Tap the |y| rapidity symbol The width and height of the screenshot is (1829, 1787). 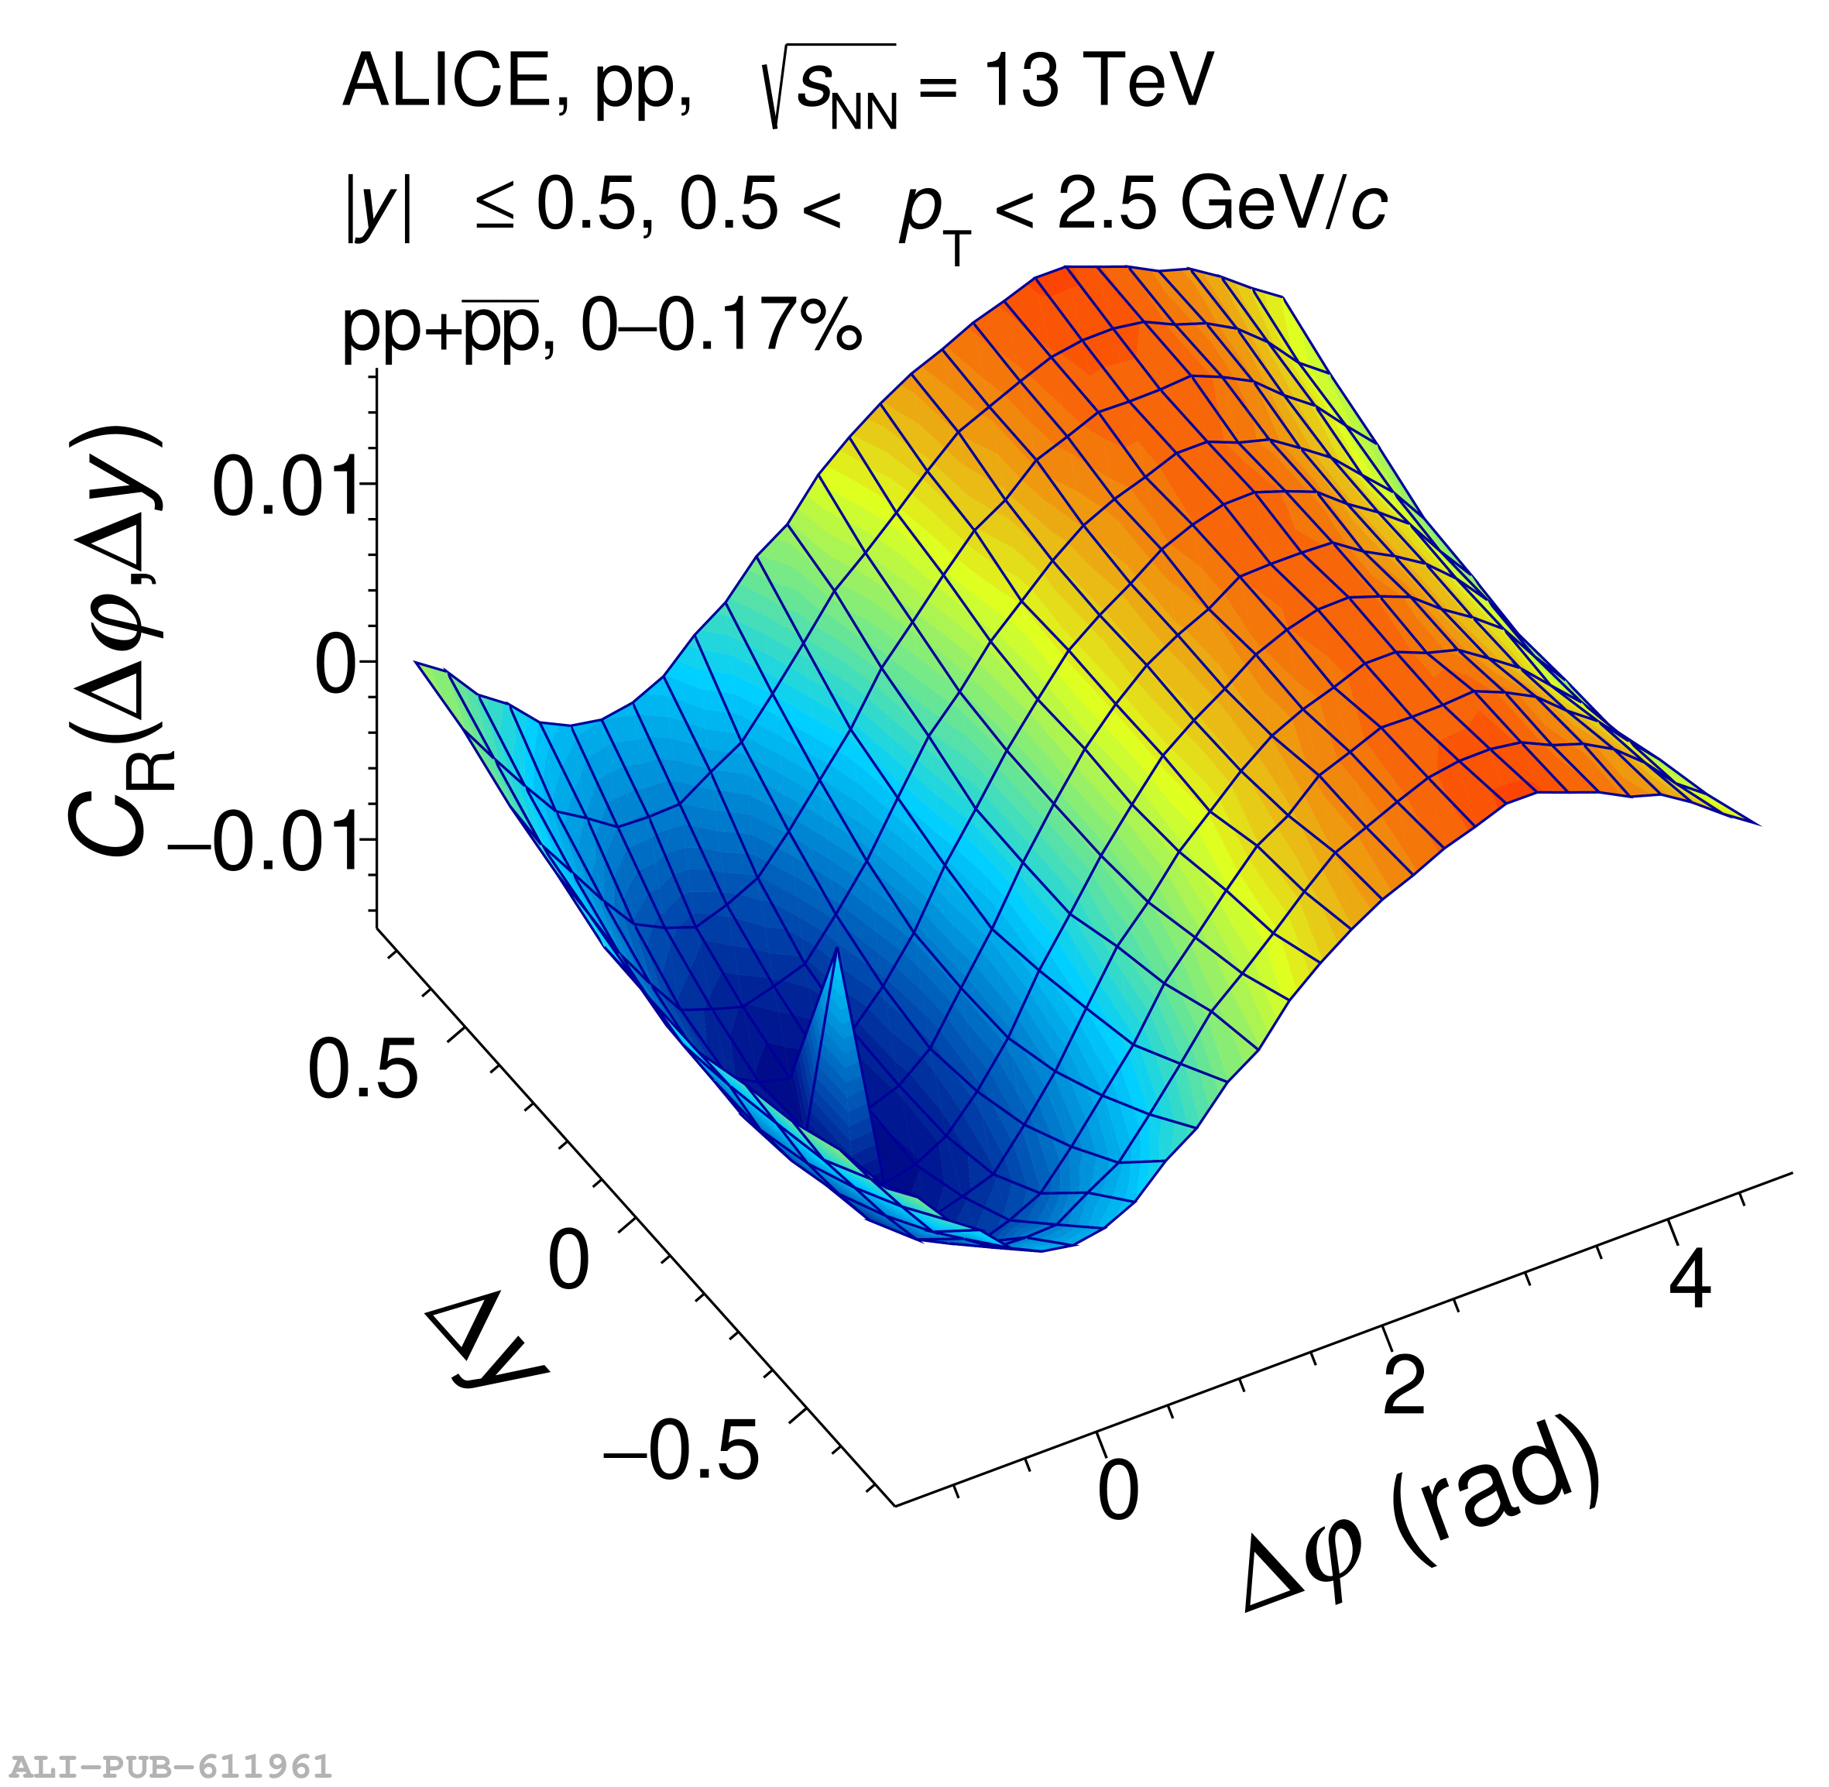(378, 208)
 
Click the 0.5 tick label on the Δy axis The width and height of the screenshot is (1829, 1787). (362, 1071)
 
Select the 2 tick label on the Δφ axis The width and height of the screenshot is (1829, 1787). (1405, 1385)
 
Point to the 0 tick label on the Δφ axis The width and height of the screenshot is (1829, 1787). (1119, 1490)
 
